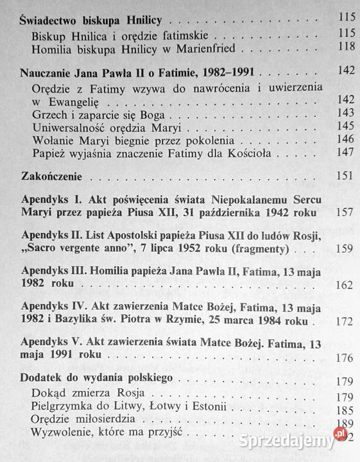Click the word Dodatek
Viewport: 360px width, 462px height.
[40, 377]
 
